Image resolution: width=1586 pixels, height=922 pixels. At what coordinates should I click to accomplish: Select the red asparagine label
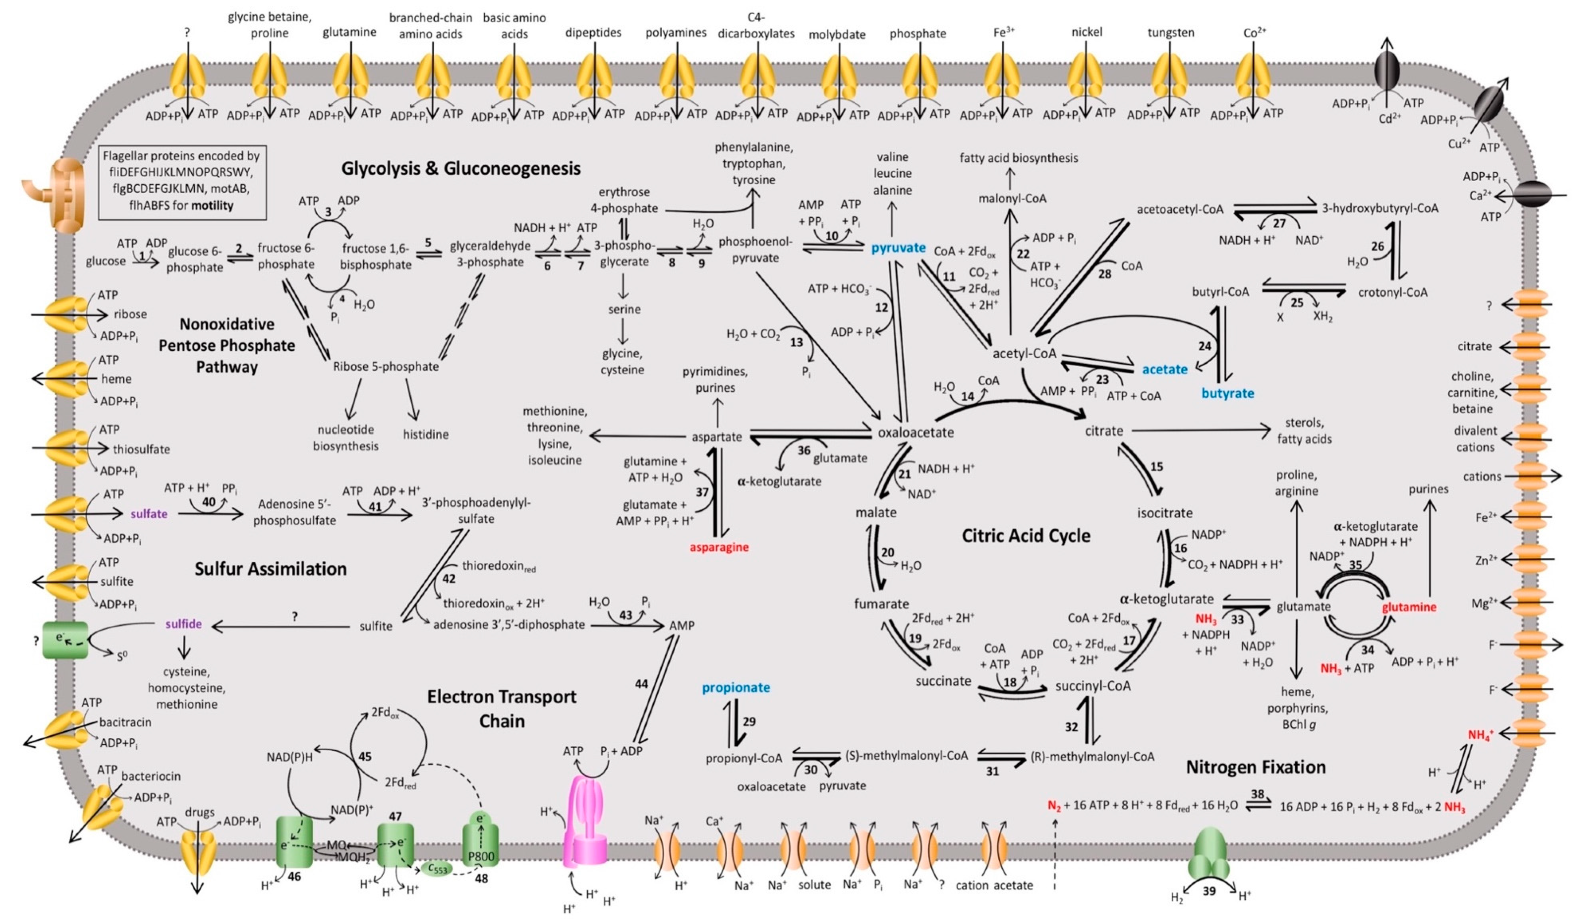click(x=719, y=547)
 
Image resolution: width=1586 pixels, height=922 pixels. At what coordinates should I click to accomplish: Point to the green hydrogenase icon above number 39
click(x=1208, y=854)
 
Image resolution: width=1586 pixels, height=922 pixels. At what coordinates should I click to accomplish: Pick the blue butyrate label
click(x=1227, y=393)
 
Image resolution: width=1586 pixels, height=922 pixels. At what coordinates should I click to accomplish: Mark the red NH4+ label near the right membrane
click(x=1480, y=734)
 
